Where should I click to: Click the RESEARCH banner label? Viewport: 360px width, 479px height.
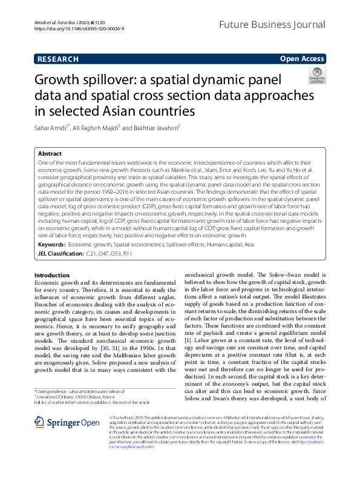(x=57, y=59)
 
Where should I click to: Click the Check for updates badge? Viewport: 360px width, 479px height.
(x=317, y=76)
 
